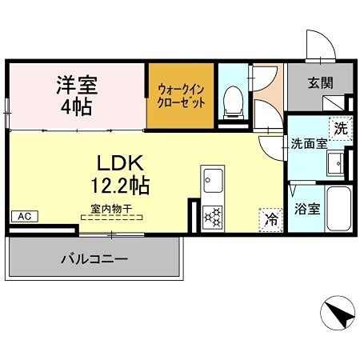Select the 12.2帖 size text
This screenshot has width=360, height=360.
(x=120, y=185)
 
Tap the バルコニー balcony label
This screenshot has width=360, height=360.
(x=94, y=259)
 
